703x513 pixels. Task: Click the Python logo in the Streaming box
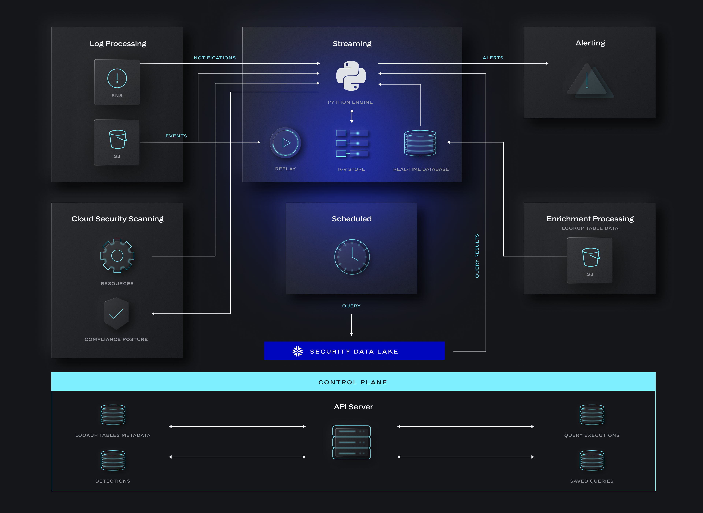tap(351, 76)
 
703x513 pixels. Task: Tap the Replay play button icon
tap(285, 143)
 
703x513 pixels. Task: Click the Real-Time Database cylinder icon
tap(420, 143)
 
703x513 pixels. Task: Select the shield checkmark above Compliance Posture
tap(116, 314)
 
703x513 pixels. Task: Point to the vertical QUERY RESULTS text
tap(477, 256)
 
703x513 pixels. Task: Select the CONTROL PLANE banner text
tap(353, 382)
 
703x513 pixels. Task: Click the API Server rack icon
tap(351, 442)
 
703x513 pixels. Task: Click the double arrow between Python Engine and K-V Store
tap(352, 116)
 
